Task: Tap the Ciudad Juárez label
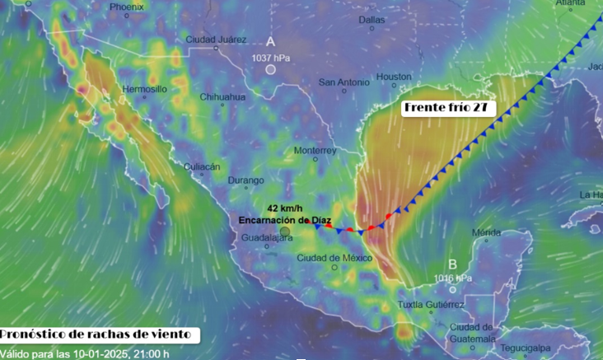(x=216, y=40)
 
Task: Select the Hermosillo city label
(x=144, y=88)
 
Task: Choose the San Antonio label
(x=344, y=82)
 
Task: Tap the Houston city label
(x=394, y=77)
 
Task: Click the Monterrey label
(x=316, y=151)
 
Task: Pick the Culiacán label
(x=202, y=166)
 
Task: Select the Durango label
(x=246, y=180)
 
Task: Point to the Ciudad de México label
(x=330, y=258)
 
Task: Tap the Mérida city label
(x=486, y=232)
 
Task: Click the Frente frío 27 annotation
(x=443, y=108)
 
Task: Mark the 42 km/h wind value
(x=284, y=208)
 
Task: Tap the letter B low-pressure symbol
(x=452, y=264)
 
